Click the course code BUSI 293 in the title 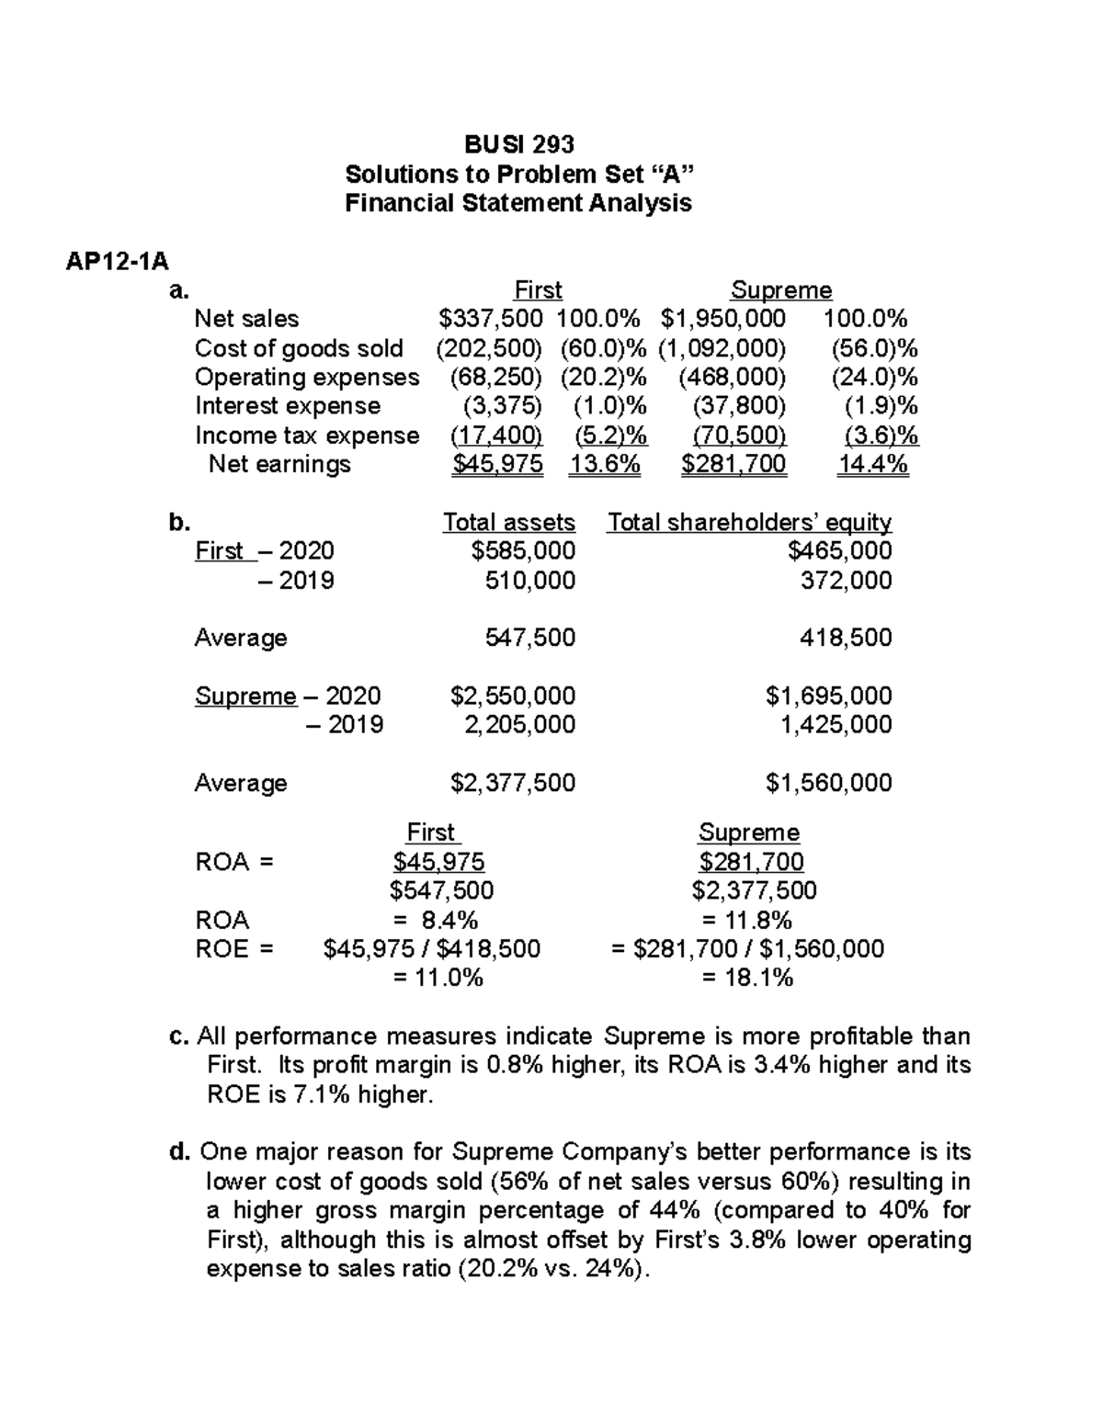[x=518, y=144]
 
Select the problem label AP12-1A [x=117, y=262]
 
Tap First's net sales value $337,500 [x=491, y=319]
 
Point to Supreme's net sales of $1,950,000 [x=722, y=319]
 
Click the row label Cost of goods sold [x=299, y=348]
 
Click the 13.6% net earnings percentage [x=604, y=464]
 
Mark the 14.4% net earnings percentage [x=872, y=464]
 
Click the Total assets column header [x=508, y=523]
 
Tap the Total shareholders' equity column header [x=749, y=523]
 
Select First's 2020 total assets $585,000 [x=523, y=550]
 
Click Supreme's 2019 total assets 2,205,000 [x=520, y=725]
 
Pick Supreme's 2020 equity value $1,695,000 [x=828, y=696]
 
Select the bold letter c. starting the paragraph [x=180, y=1036]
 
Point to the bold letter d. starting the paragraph [x=180, y=1152]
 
